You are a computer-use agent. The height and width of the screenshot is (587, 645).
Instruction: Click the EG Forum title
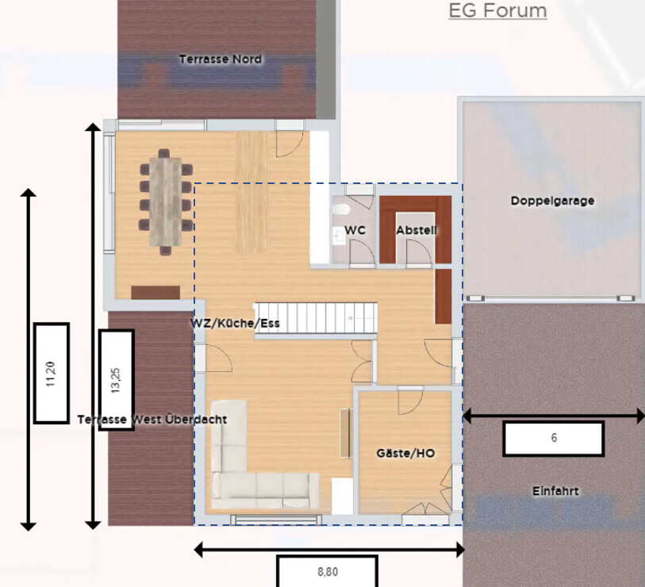click(497, 10)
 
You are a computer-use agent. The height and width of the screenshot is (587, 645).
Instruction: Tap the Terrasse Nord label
click(221, 59)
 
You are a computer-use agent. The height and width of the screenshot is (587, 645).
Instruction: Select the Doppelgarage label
click(552, 201)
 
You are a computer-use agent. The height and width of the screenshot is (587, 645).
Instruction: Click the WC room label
click(355, 230)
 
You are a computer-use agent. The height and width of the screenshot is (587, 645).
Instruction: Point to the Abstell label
click(416, 230)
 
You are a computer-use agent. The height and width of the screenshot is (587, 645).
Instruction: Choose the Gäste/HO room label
click(405, 453)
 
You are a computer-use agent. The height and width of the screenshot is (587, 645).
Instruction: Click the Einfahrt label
click(555, 491)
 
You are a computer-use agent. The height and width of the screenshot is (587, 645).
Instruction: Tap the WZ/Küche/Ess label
click(235, 324)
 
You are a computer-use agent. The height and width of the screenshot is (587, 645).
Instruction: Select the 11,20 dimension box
click(52, 374)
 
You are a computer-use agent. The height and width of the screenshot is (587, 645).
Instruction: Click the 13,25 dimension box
click(117, 380)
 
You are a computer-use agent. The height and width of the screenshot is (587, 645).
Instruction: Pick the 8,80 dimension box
click(328, 571)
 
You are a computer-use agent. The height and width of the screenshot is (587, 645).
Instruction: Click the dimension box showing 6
click(554, 439)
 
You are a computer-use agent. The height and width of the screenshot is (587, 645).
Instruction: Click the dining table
click(165, 202)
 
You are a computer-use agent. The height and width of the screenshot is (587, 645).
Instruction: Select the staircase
click(316, 318)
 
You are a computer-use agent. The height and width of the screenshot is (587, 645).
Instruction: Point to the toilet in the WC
click(340, 209)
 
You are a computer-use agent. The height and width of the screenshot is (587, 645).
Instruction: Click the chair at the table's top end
click(163, 153)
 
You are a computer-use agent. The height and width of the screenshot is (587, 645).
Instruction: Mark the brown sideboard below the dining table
click(155, 293)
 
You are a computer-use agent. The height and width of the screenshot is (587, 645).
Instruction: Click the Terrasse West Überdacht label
click(152, 420)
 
